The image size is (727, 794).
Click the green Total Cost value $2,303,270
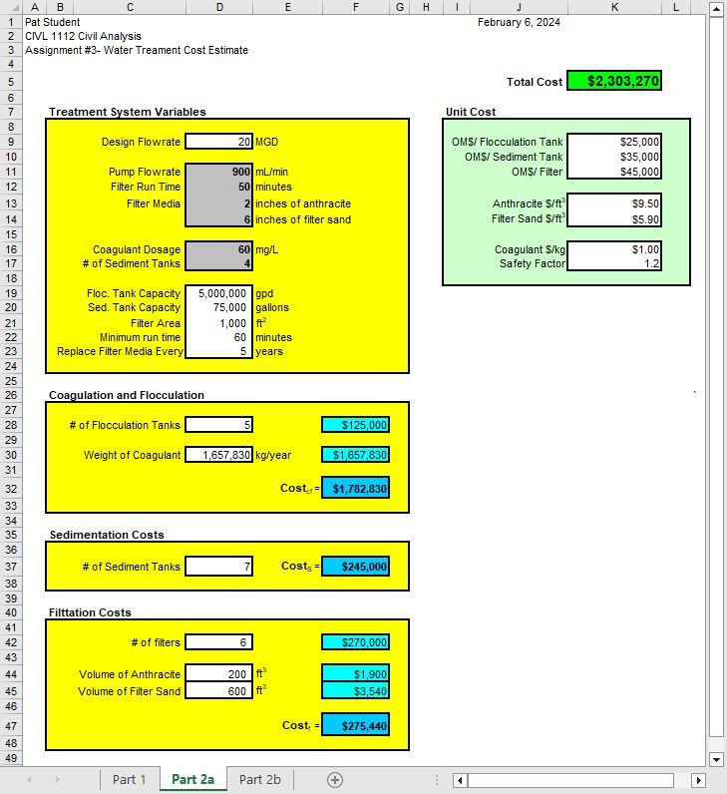(x=614, y=81)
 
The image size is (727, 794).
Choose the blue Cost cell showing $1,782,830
(x=355, y=489)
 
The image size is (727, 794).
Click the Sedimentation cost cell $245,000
(x=355, y=567)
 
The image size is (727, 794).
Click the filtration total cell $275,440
(x=355, y=726)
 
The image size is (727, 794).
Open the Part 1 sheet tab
(x=130, y=779)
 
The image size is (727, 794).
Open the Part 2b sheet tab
(x=259, y=779)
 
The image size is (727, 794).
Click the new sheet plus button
(x=335, y=779)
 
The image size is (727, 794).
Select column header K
(x=614, y=7)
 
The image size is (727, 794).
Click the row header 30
(x=12, y=455)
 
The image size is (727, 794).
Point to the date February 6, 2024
(x=519, y=22)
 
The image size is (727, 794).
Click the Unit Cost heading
(x=470, y=112)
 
